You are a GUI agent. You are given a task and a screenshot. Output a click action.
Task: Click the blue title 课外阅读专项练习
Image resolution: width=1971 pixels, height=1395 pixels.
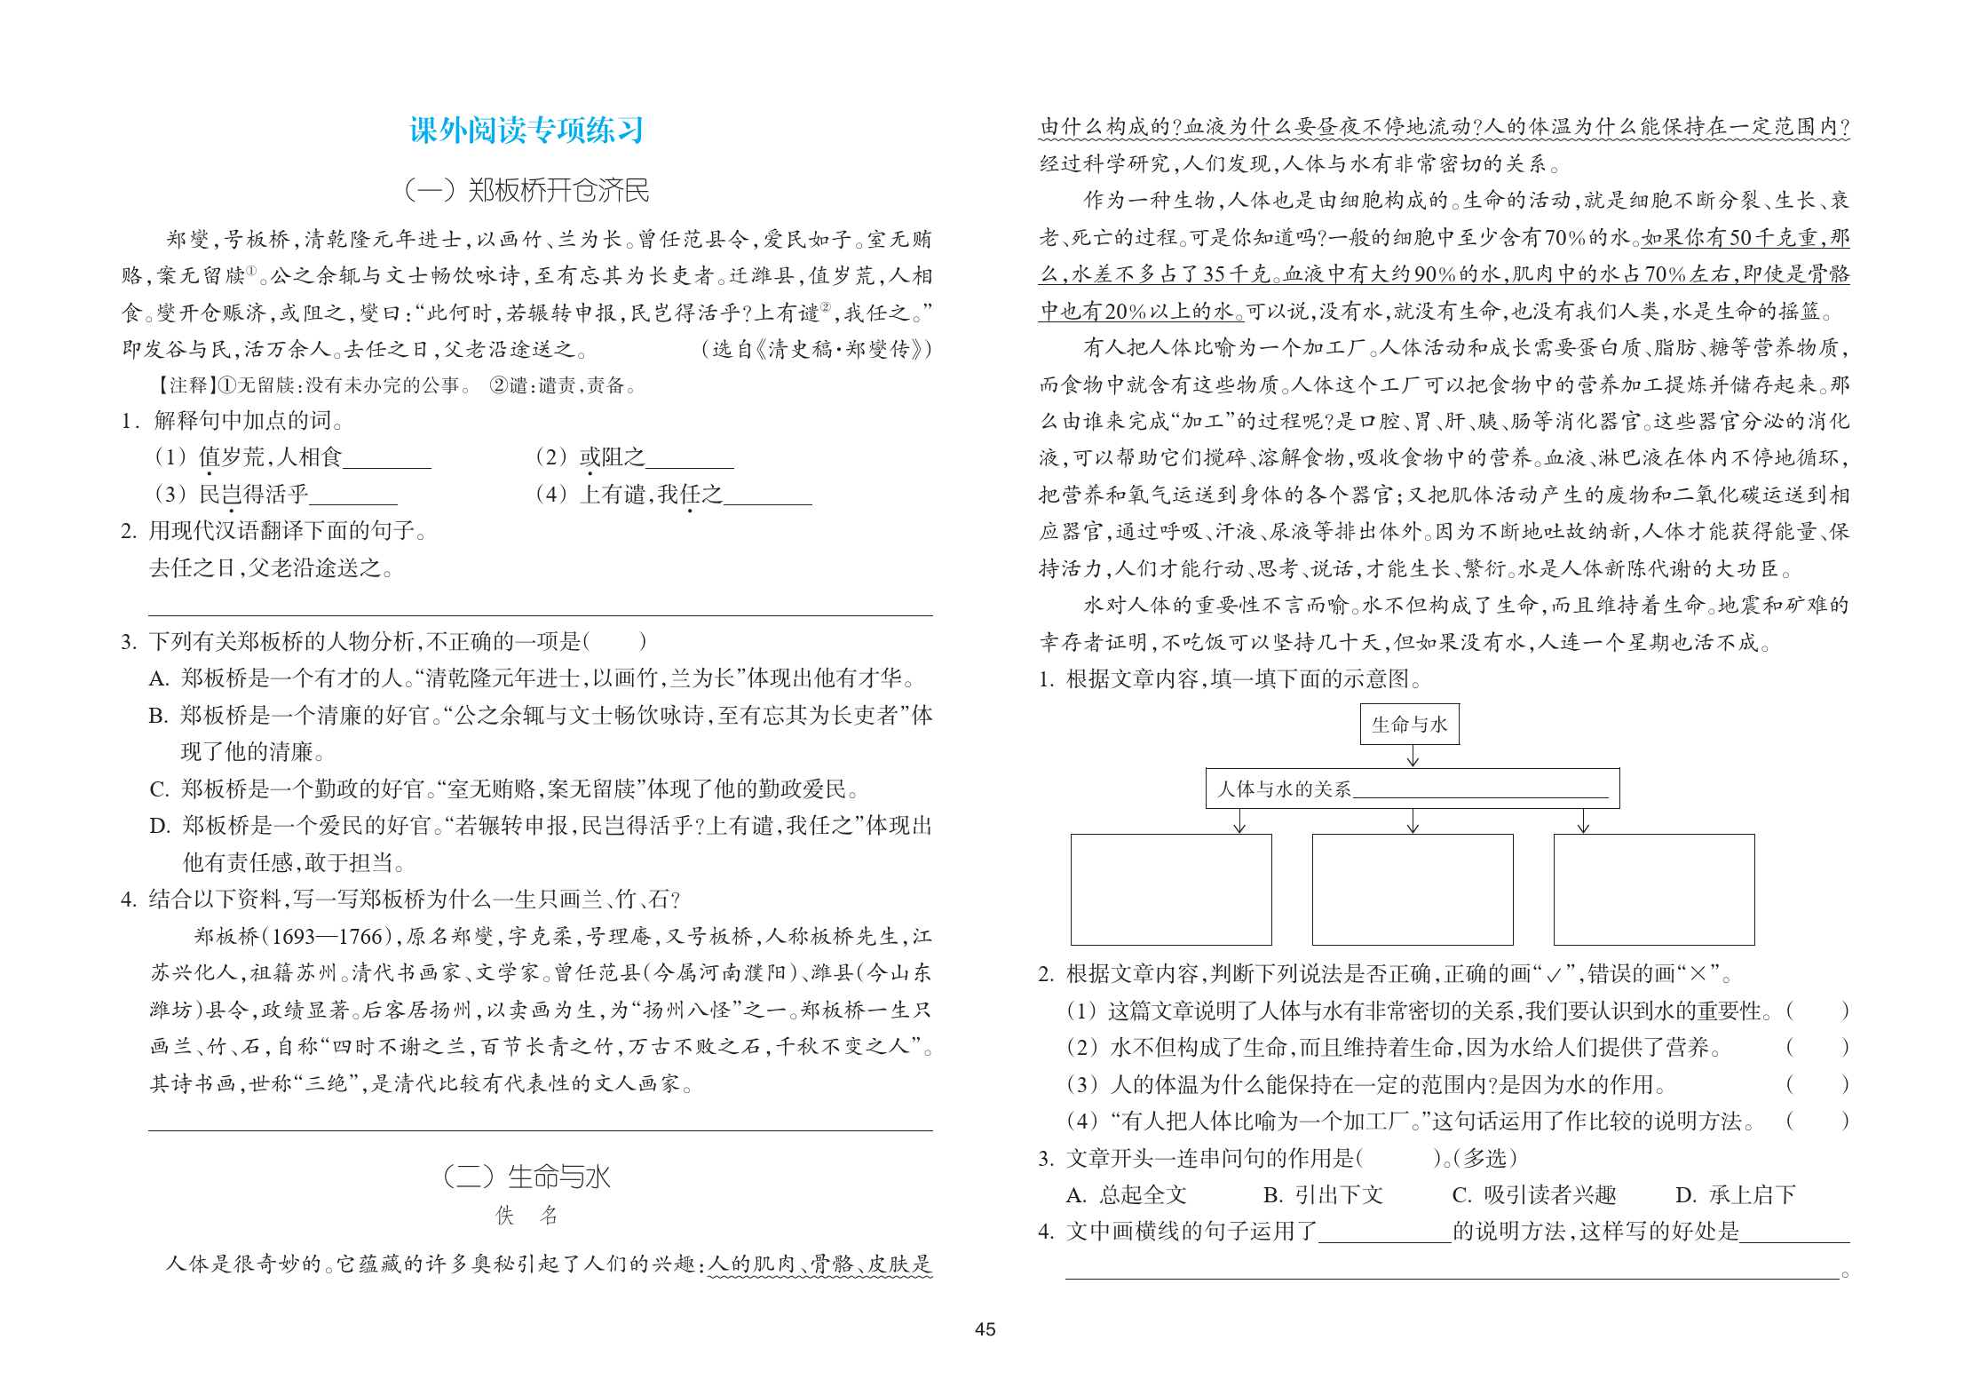coord(526,131)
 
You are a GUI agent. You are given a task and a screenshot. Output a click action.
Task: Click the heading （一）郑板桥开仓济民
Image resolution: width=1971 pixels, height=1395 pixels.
coord(526,190)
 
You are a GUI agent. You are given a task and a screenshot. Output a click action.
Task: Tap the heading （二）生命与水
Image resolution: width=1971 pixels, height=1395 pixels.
coord(526,1177)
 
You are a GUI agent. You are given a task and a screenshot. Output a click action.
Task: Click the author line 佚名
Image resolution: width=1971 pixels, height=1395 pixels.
coord(526,1216)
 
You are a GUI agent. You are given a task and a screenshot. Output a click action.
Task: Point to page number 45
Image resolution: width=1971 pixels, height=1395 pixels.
coord(985,1329)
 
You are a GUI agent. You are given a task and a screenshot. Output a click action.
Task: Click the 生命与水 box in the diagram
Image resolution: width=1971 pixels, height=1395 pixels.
coord(1409,725)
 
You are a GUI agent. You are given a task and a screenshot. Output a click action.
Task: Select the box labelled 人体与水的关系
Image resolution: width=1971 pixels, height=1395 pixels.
coord(1412,789)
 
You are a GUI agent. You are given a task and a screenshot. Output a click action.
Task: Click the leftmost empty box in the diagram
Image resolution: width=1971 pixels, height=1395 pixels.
coord(1170,889)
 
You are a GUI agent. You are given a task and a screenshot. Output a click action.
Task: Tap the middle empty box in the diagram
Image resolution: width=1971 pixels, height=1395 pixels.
coord(1412,889)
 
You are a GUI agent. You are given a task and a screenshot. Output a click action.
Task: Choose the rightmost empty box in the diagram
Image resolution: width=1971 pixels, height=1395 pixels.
coord(1653,889)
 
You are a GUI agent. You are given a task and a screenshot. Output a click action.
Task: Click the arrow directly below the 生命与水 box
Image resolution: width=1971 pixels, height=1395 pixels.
coord(1413,756)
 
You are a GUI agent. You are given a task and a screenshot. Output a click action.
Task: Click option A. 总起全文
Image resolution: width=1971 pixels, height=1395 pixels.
coord(1126,1195)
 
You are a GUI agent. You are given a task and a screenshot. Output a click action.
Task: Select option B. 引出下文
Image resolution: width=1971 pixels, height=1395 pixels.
coord(1323,1195)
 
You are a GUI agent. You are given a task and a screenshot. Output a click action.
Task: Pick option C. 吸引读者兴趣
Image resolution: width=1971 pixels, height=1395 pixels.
coord(1533,1195)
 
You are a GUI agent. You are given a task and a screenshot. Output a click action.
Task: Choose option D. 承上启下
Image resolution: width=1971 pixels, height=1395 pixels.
coord(1735,1195)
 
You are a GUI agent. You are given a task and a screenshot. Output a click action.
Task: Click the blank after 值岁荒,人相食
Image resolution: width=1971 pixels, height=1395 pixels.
coord(387,458)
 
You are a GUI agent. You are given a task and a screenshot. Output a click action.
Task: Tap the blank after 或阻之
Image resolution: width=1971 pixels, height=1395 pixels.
coord(689,458)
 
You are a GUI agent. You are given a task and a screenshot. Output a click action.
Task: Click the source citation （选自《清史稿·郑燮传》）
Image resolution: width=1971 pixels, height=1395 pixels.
coord(816,349)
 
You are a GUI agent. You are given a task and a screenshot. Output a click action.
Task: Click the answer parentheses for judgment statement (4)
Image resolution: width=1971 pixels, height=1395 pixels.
coord(1817,1122)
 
